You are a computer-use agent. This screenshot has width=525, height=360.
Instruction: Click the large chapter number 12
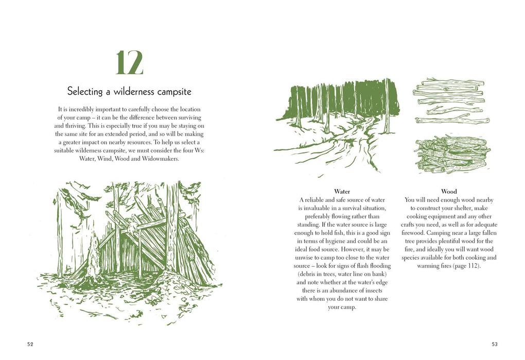[x=129, y=63]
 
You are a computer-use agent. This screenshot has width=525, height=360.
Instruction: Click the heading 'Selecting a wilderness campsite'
[x=129, y=92]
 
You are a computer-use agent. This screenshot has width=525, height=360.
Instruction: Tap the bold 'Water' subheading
[x=342, y=192]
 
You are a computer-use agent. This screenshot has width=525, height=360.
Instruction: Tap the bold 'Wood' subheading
[x=449, y=192]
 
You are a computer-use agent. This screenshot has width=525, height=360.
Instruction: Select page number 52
[x=31, y=344]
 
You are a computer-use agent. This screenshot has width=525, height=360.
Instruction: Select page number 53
[x=495, y=344]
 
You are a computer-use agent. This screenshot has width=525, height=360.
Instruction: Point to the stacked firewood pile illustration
[x=451, y=153]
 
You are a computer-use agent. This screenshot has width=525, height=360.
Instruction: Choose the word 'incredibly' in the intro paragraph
[x=86, y=109]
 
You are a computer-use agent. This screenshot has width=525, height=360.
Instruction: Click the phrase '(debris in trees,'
[x=316, y=274]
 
